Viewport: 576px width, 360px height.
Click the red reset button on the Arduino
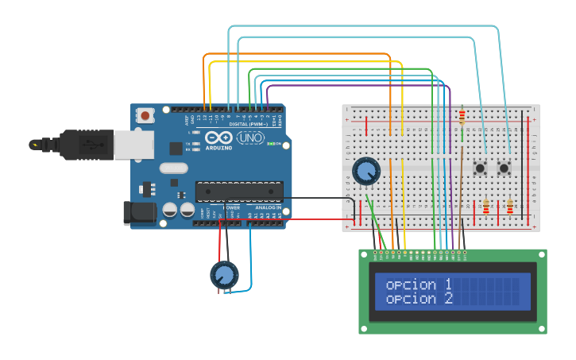coord(145,115)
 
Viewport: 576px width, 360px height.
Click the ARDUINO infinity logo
coord(219,138)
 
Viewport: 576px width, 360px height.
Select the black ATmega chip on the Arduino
coord(239,192)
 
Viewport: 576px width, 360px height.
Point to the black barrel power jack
coord(137,213)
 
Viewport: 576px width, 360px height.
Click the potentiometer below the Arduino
coord(223,275)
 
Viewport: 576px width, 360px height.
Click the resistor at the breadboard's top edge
coord(462,117)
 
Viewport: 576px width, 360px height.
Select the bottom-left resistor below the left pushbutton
coord(486,207)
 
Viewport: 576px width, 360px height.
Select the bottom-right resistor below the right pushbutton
coord(510,207)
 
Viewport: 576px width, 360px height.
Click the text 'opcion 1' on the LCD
coord(419,285)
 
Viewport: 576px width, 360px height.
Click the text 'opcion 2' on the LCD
coord(419,299)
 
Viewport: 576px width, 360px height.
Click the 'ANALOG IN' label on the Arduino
coord(268,207)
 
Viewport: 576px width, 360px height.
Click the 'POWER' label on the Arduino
coord(231,207)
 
